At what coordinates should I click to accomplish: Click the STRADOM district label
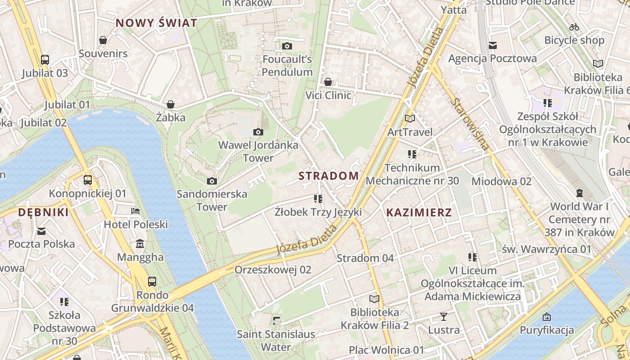point(328,175)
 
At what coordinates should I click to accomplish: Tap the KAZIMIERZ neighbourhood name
point(418,212)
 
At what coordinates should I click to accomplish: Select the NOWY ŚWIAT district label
point(156,23)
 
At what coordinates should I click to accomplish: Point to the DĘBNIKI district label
point(43,212)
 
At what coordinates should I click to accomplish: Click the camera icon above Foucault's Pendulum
point(287,46)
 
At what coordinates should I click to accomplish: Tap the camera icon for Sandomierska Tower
point(211,181)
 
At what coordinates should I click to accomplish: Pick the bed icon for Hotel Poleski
point(135,211)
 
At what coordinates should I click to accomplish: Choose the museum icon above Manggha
point(140,244)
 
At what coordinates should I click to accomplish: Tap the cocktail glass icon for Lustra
point(443,317)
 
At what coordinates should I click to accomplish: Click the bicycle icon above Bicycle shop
point(574,27)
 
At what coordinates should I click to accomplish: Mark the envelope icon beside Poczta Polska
point(41,231)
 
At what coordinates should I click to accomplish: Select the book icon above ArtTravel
point(409,119)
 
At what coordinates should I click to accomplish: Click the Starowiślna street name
point(469,124)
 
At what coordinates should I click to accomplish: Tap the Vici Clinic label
point(328,95)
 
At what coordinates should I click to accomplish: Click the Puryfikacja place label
point(547,330)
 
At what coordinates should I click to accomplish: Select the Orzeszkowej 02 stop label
point(273,270)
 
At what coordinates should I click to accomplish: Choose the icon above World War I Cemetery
point(579,193)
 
